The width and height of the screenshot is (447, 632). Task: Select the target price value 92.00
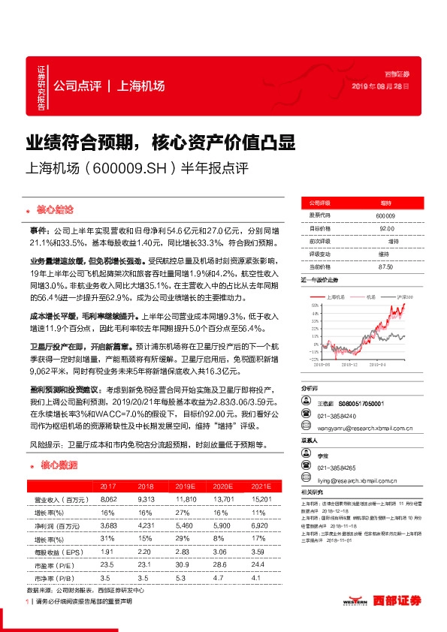[x=386, y=228]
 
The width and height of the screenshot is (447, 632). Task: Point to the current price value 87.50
[x=386, y=266]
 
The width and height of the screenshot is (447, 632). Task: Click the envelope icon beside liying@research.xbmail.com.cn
[x=305, y=480]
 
